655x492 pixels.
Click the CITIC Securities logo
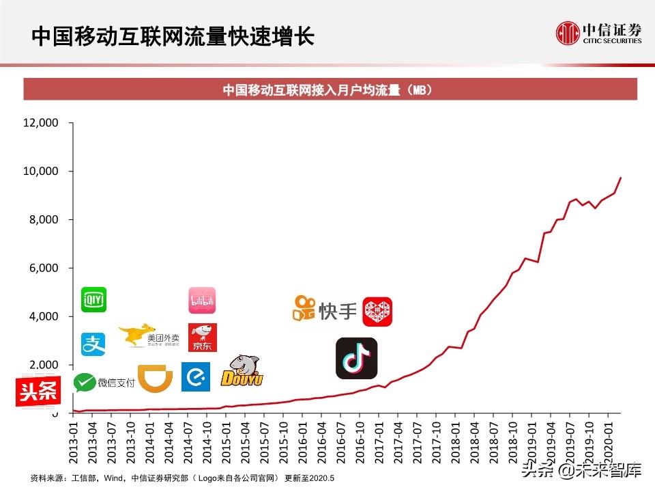[598, 33]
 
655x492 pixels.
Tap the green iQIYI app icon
[93, 299]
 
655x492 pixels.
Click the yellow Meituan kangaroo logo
[136, 335]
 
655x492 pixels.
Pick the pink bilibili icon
[202, 301]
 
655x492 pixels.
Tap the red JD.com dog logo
[203, 338]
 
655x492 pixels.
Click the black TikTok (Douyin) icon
[356, 358]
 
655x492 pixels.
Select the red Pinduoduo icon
[377, 312]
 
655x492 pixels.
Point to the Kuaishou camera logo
[304, 310]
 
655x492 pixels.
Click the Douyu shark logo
[243, 371]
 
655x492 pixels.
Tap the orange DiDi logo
[155, 378]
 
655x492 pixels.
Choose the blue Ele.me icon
[195, 377]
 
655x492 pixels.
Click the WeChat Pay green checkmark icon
[85, 383]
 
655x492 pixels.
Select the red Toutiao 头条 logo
[38, 392]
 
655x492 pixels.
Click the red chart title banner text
[330, 90]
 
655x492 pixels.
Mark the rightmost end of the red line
[620, 178]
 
